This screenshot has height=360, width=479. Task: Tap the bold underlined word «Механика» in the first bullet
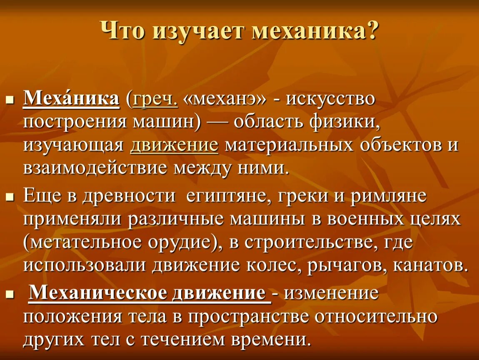(x=71, y=100)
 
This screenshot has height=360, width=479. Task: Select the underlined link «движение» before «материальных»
(x=174, y=145)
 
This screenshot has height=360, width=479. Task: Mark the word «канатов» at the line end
(x=427, y=265)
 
